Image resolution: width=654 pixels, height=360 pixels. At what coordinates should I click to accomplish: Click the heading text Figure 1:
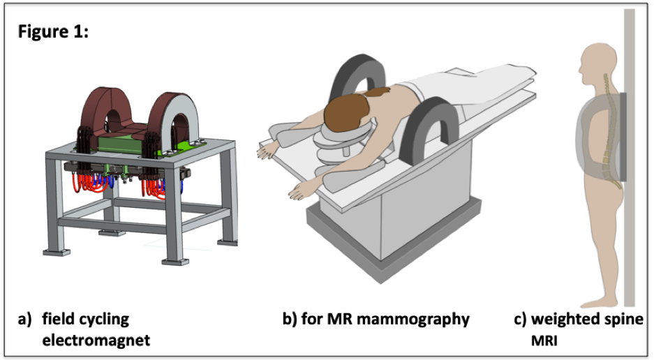53,32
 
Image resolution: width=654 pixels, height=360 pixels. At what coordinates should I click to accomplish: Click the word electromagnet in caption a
95,340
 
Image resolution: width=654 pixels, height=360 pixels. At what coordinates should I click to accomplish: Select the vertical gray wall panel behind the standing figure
629,209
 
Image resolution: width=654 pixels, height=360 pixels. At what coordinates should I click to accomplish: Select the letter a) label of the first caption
25,320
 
